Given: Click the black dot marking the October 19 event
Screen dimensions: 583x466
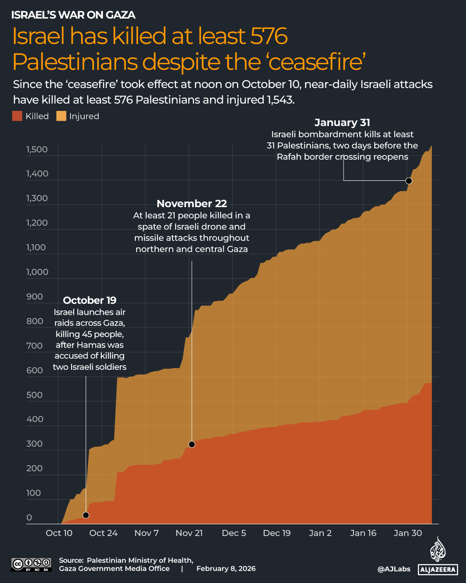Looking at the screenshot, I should coord(86,515).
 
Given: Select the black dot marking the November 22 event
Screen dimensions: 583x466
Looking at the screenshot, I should coord(192,444).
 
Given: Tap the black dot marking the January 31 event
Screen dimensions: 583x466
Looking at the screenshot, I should coord(409,181).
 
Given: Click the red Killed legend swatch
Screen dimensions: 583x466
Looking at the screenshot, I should coord(17,116).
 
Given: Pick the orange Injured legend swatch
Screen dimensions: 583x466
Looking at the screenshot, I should coord(61,116).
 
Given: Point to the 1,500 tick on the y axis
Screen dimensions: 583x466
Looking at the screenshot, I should coord(37,150).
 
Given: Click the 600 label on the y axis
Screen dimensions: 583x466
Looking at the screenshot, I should coord(34,370).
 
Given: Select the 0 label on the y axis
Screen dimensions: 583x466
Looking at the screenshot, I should coord(29,517).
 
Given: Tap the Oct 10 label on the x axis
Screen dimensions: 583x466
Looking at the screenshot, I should coord(59,533).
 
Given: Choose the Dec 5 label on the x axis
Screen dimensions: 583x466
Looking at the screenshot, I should coord(234,533).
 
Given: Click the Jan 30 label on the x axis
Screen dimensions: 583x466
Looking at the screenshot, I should coord(407,533).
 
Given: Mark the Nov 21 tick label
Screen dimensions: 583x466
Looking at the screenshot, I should coord(189,533).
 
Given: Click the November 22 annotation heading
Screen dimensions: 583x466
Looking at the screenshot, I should coord(191,203).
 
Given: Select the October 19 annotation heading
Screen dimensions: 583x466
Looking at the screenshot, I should coord(90,300).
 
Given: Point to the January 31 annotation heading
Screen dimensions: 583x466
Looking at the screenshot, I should coord(342,123).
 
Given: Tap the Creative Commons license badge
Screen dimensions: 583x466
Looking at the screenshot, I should coord(31,564).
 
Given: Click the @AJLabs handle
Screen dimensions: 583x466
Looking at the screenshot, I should coord(394,569).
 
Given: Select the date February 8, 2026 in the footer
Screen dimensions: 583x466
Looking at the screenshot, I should coord(226,569).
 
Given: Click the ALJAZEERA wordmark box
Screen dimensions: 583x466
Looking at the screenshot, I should coord(438,570).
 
